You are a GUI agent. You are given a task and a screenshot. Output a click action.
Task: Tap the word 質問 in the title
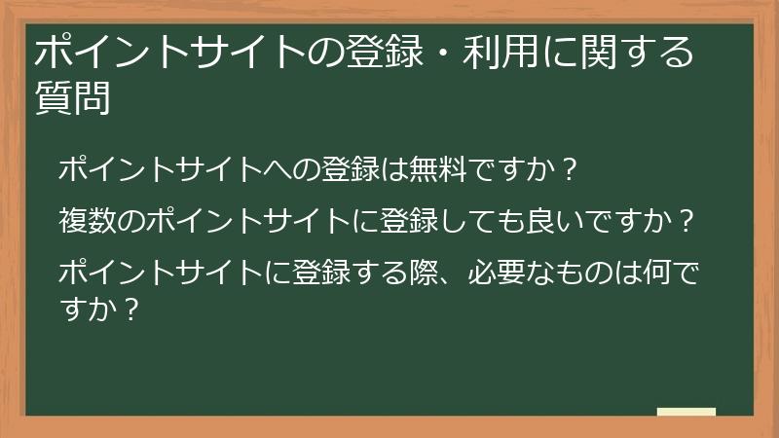(x=72, y=97)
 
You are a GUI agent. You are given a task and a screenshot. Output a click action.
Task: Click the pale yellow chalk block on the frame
(x=686, y=414)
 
